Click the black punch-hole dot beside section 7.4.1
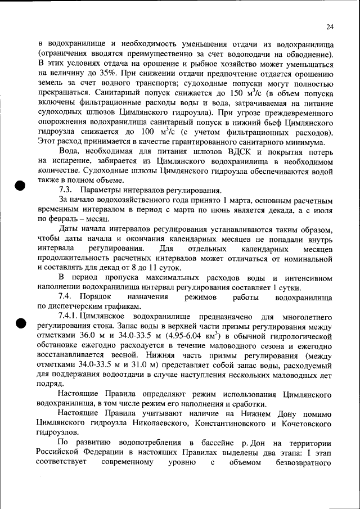tap(21, 323)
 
